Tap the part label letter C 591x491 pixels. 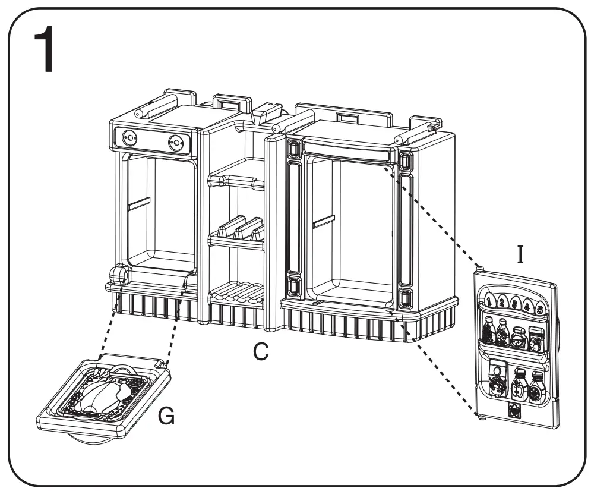(x=259, y=352)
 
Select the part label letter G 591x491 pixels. (x=167, y=417)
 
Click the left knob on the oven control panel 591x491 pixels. (x=128, y=139)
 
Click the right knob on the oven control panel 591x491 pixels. (x=175, y=142)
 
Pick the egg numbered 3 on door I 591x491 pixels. (x=514, y=304)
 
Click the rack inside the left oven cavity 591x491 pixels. (x=139, y=203)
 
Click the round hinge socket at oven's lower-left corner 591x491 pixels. (x=119, y=274)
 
